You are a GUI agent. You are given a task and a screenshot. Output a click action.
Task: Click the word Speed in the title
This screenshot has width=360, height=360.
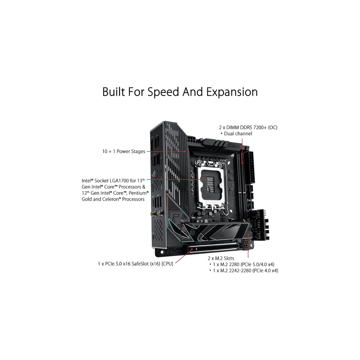tap(163, 92)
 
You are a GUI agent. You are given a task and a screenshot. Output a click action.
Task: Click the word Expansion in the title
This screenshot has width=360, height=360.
tap(232, 92)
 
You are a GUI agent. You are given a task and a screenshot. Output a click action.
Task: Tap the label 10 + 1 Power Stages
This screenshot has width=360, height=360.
tap(124, 151)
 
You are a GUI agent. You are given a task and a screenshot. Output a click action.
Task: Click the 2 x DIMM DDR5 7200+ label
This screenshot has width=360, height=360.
tap(248, 127)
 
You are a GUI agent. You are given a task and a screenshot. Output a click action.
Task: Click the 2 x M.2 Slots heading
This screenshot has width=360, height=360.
tap(221, 258)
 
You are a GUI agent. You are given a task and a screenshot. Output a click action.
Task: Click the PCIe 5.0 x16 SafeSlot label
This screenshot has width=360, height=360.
tap(135, 264)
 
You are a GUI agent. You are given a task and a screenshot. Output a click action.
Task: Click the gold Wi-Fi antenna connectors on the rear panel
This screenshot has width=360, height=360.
tap(157, 214)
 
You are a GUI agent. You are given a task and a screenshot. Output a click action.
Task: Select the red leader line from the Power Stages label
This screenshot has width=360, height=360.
tap(166, 152)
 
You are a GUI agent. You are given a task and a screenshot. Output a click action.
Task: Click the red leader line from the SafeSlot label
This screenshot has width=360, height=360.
tap(184, 256)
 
